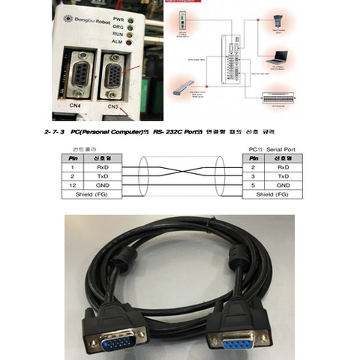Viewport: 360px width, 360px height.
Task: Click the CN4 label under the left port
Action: pos(75,106)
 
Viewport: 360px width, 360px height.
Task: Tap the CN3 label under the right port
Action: pos(112,106)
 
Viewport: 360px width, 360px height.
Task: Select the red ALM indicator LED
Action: pos(130,42)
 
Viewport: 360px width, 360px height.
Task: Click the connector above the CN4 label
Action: pos(77,73)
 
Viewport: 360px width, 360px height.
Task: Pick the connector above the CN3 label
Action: pos(114,75)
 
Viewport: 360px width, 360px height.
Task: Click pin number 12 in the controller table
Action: pos(73,184)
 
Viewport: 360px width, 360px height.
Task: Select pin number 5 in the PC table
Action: pos(253,184)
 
